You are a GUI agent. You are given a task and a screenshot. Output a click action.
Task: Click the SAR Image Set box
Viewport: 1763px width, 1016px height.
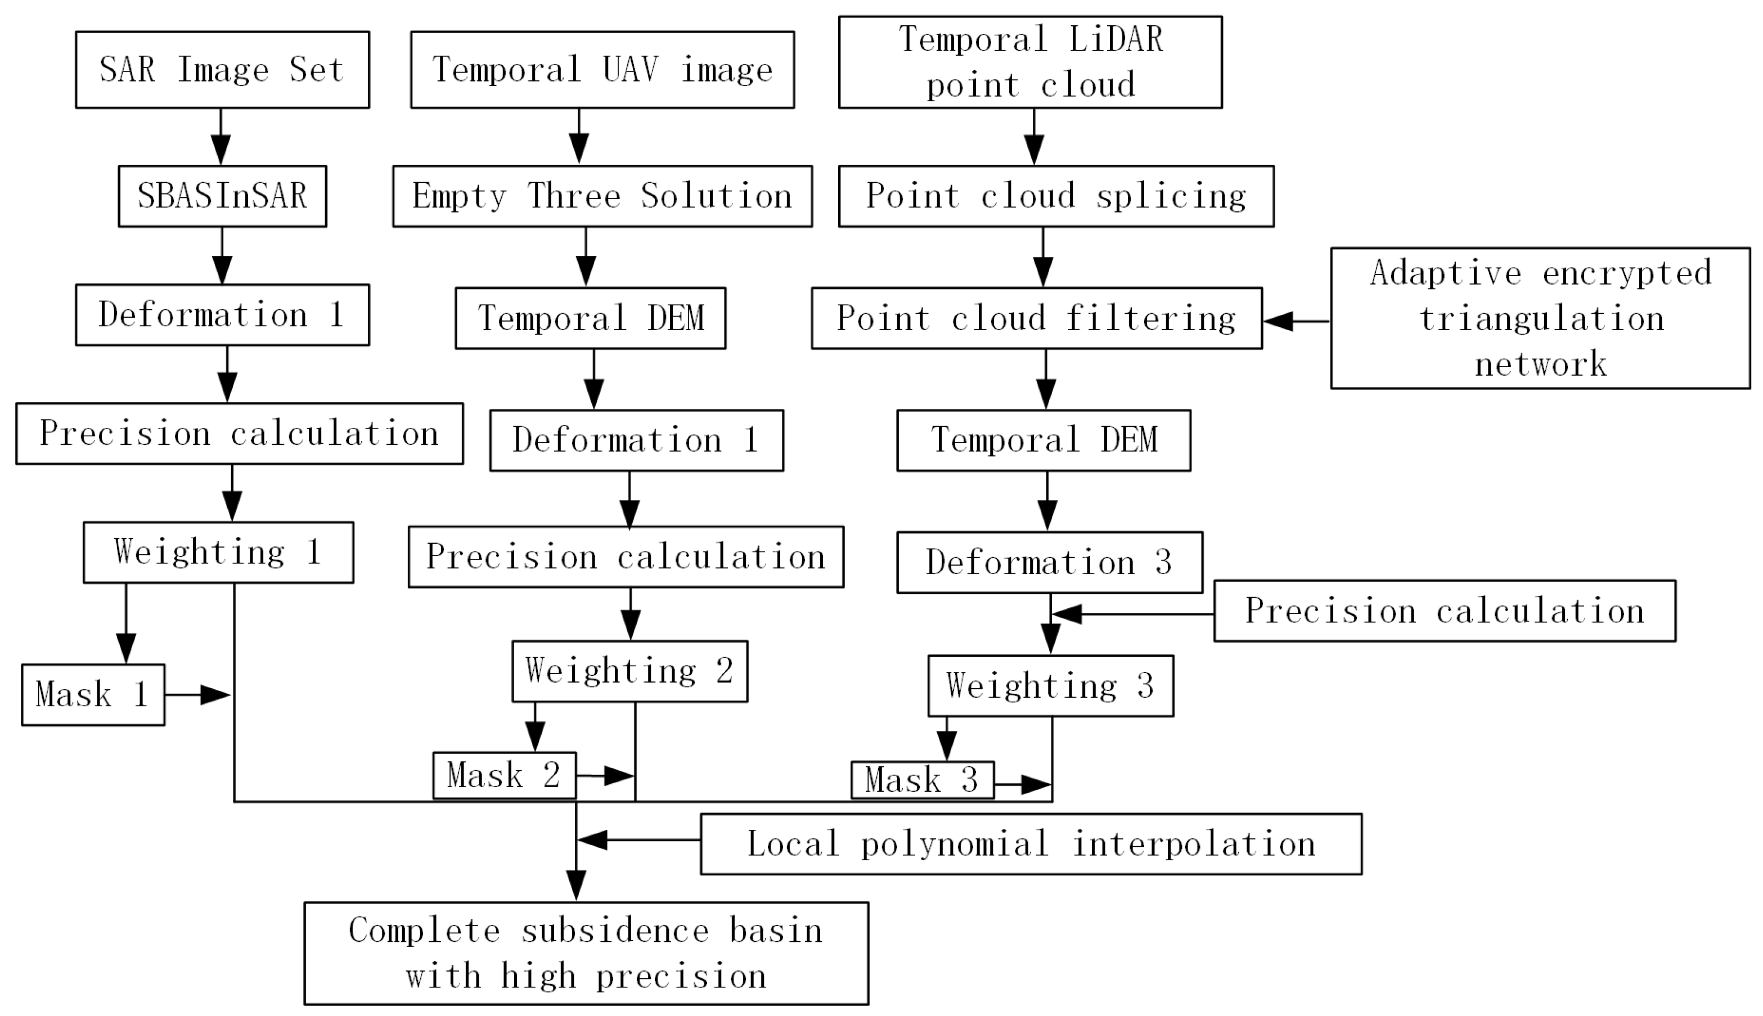[x=222, y=70]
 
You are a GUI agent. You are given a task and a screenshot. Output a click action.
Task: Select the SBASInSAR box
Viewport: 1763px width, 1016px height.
[x=222, y=196]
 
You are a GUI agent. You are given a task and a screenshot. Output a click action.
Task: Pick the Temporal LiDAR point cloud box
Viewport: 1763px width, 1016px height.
[x=1029, y=62]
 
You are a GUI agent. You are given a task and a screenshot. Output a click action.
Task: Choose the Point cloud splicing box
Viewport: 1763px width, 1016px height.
[x=1055, y=196]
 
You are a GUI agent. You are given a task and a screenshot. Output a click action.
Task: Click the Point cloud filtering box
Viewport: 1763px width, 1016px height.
[x=1036, y=318]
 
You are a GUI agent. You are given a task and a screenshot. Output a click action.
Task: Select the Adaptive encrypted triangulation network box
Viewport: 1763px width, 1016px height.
[x=1540, y=318]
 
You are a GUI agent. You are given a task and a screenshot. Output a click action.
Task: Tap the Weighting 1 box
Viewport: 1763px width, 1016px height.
[x=218, y=552]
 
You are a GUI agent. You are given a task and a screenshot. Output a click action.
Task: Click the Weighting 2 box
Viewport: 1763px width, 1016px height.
[x=629, y=671]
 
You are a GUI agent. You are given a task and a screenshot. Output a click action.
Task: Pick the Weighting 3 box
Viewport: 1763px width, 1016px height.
[x=1050, y=686]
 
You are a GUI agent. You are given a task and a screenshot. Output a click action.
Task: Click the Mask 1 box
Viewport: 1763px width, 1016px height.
[x=93, y=695]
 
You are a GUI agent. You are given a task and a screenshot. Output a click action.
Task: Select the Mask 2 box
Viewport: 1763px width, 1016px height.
[x=504, y=775]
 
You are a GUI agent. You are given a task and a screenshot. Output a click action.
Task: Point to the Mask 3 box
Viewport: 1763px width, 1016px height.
[x=922, y=780]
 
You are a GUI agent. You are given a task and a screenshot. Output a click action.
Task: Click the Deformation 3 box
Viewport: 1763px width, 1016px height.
[x=1049, y=562]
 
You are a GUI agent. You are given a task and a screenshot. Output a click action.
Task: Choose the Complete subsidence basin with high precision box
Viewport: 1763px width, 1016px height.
[x=586, y=953]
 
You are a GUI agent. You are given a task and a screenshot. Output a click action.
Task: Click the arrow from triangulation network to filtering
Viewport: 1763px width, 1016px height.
[x=1296, y=321]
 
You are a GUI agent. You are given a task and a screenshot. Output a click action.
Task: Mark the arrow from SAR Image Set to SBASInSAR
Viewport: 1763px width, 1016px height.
[x=221, y=137]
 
